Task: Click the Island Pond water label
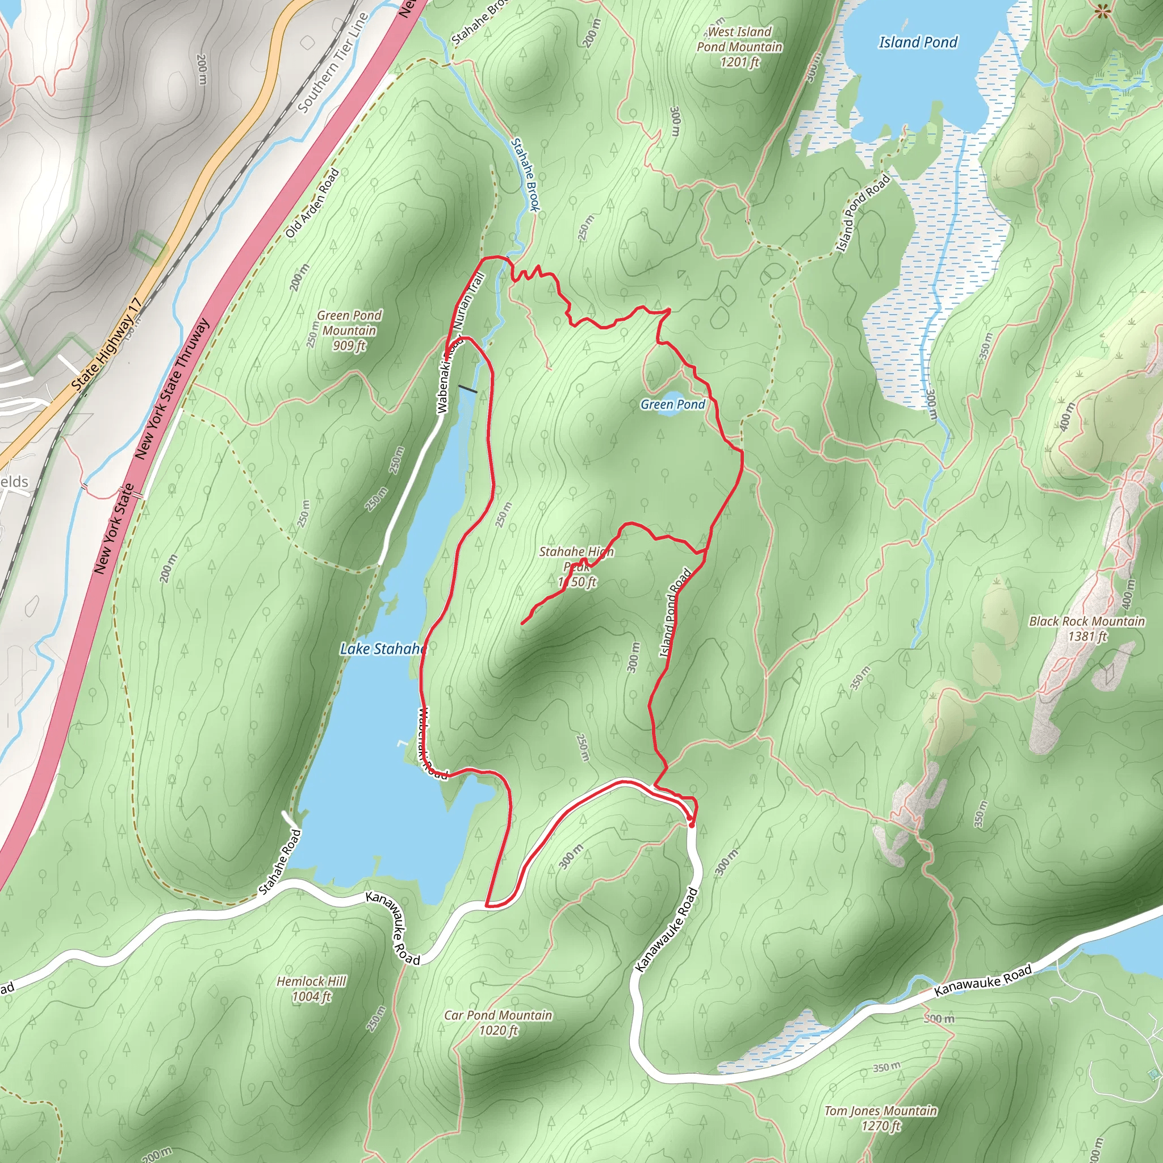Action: (918, 42)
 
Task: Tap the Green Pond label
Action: (672, 404)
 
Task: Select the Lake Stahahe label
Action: (383, 649)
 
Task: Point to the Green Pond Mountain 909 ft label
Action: (349, 331)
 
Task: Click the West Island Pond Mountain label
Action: (739, 47)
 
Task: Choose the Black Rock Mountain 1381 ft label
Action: (1086, 629)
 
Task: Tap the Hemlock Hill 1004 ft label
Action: (311, 989)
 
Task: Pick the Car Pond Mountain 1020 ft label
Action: (498, 1023)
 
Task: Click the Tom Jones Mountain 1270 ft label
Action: (880, 1118)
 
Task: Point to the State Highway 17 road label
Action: (107, 345)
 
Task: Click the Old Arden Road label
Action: (312, 203)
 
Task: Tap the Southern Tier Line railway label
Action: (333, 62)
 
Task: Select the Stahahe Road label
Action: (280, 862)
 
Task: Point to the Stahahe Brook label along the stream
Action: (525, 174)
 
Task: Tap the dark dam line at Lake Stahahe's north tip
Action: (467, 390)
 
